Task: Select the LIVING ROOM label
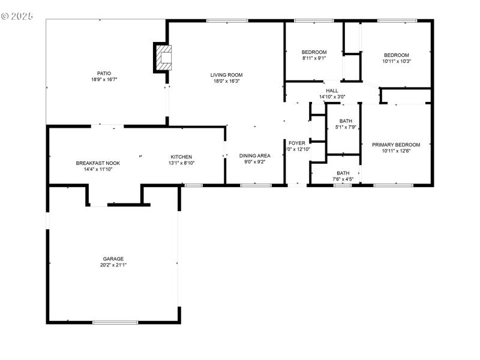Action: (226, 75)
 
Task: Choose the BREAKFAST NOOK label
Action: (94, 163)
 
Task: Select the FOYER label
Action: (297, 143)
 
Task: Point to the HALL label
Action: (332, 90)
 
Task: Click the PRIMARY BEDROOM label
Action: (396, 145)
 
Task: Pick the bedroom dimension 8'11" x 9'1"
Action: (314, 58)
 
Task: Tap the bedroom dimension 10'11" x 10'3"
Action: (396, 61)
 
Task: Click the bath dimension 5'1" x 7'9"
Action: (346, 127)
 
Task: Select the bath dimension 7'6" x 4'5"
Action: (343, 178)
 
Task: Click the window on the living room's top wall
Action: (227, 21)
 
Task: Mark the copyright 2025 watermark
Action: (17, 16)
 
